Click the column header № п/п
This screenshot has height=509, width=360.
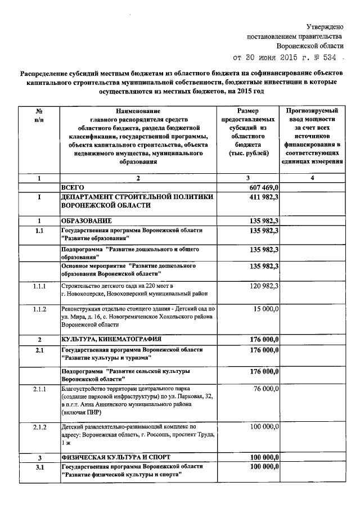(x=39, y=115)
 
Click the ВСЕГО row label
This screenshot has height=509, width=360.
(x=72, y=187)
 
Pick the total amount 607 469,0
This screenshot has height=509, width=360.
(x=264, y=187)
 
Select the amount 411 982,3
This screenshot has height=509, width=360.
(x=264, y=197)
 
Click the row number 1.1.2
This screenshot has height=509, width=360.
(x=39, y=309)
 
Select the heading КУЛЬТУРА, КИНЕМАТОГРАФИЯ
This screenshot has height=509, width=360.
(x=111, y=339)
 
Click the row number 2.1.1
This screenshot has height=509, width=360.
(x=39, y=389)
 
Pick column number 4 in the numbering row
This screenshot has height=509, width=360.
(x=313, y=178)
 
